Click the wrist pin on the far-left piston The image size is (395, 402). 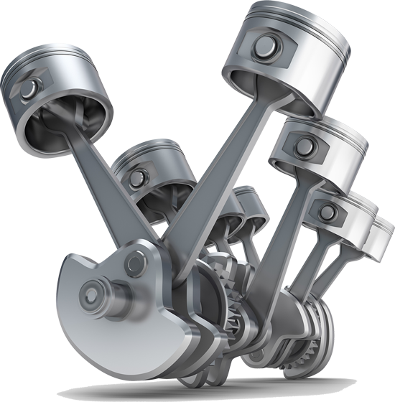click(x=29, y=89)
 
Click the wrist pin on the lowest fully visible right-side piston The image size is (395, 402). click(x=327, y=211)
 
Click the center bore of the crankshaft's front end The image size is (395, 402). click(x=91, y=292)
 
